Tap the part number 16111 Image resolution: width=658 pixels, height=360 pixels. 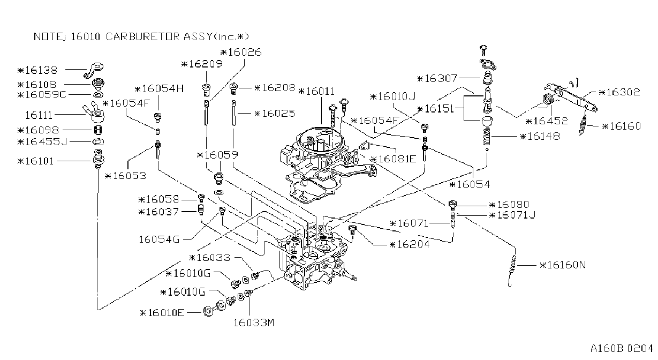39,115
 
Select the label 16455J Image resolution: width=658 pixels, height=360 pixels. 42,142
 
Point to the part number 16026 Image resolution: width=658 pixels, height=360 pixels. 241,52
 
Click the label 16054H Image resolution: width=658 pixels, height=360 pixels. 159,89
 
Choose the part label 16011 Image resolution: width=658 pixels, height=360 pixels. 316,92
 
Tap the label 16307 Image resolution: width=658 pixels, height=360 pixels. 437,78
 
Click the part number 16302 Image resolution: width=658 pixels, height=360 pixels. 619,92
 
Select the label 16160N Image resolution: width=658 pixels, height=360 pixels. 563,265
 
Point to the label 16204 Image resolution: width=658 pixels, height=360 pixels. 409,244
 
